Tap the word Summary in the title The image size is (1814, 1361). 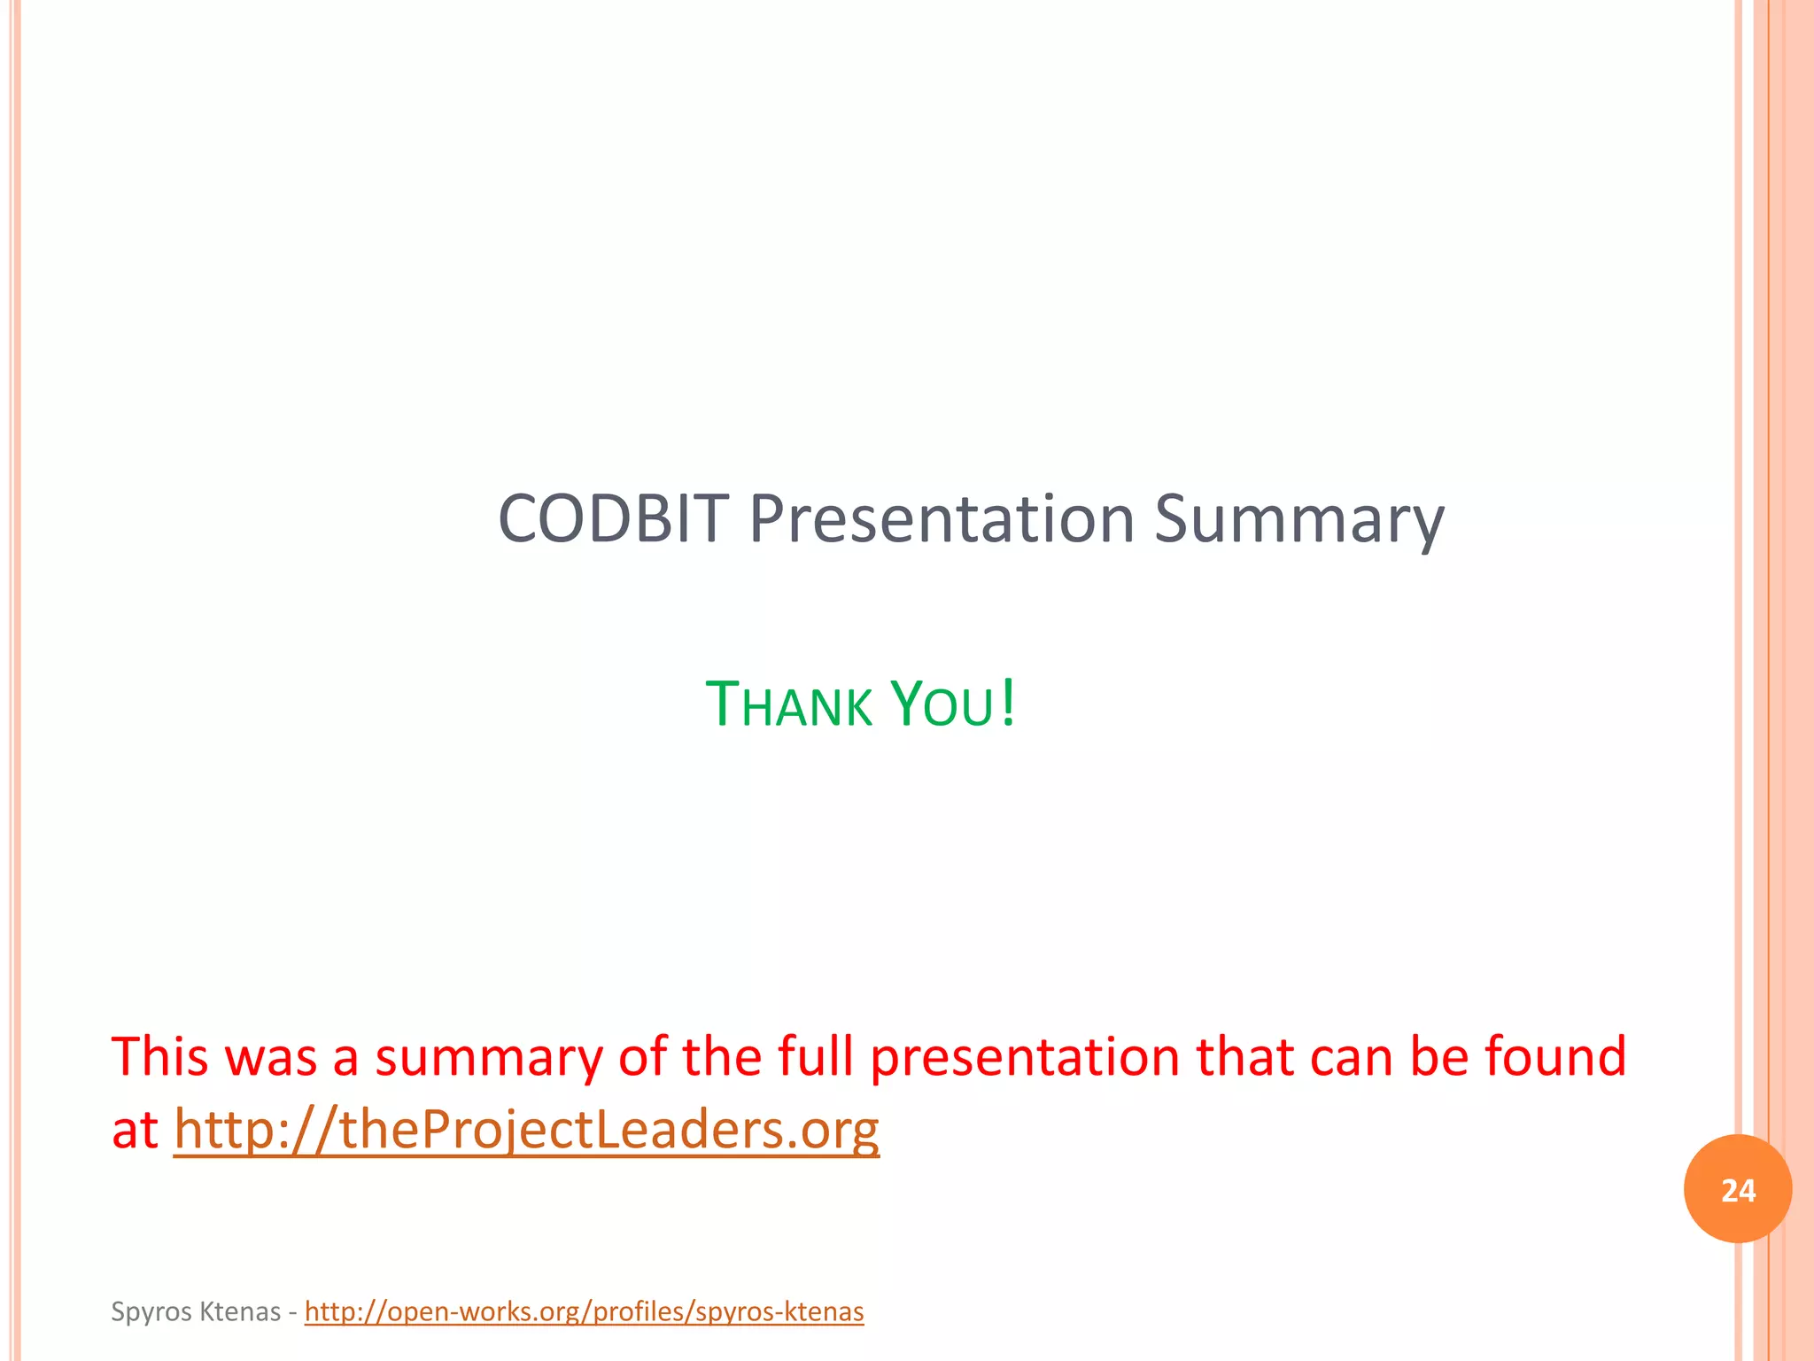point(1298,519)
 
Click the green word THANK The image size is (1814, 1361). point(788,705)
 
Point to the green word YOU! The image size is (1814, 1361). point(953,705)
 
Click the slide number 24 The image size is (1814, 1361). point(1738,1190)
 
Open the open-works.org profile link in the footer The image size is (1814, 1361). point(584,1311)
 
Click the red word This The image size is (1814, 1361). point(159,1057)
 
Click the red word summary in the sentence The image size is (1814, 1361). point(488,1057)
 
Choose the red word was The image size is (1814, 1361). point(270,1057)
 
